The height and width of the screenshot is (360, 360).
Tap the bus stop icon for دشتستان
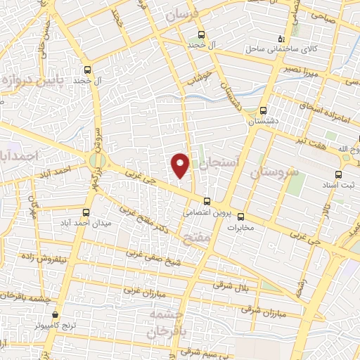click(263, 110)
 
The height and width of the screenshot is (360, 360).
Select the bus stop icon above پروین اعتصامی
click(206, 201)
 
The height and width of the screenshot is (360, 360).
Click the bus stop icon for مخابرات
click(240, 217)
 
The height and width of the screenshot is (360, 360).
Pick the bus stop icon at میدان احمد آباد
click(86, 212)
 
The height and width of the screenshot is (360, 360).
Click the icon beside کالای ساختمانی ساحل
click(281, 39)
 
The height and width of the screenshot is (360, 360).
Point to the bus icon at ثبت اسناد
click(339, 174)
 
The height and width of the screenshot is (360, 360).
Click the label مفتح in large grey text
click(197, 239)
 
